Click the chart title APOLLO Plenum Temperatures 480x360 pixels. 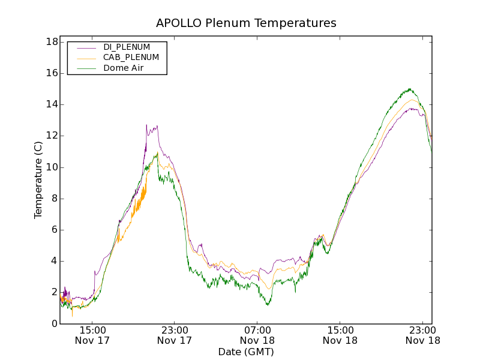coord(246,23)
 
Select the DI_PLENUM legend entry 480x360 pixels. coord(127,47)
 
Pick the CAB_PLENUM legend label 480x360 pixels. coord(131,58)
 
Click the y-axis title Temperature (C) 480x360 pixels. coord(38,180)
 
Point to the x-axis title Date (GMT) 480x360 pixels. coord(246,352)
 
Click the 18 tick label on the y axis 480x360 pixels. coord(52,42)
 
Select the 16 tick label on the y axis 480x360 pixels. coord(52,73)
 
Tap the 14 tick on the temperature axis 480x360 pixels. coord(52,104)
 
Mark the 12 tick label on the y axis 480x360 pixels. coord(52,136)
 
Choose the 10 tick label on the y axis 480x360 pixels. coord(52,167)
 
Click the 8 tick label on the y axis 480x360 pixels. coord(54,199)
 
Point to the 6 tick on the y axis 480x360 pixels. coord(54,230)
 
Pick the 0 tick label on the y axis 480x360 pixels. coord(54,323)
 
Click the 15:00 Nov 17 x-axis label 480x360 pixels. coord(92,335)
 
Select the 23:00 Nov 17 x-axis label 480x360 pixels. coord(175,335)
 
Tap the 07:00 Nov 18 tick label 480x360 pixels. coord(257,335)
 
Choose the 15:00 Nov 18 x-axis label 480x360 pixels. coord(340,335)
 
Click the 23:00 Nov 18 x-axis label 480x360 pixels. coord(423,335)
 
